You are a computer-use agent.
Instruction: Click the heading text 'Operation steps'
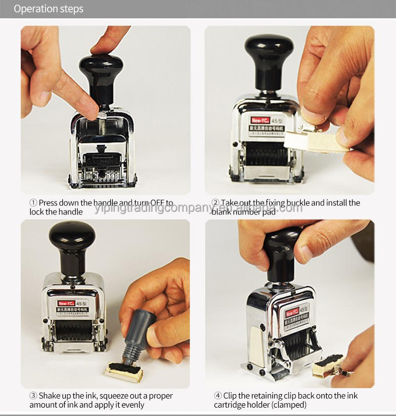(49, 9)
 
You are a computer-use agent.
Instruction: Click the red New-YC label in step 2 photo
(259, 120)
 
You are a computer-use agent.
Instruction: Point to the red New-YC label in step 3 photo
(64, 304)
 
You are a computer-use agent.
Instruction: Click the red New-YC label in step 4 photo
(293, 312)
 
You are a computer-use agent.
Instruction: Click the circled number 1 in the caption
(33, 203)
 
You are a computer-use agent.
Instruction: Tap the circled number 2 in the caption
(215, 203)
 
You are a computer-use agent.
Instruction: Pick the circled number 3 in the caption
(33, 396)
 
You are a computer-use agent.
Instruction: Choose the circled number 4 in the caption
(218, 396)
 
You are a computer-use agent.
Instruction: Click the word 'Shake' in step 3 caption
(49, 396)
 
